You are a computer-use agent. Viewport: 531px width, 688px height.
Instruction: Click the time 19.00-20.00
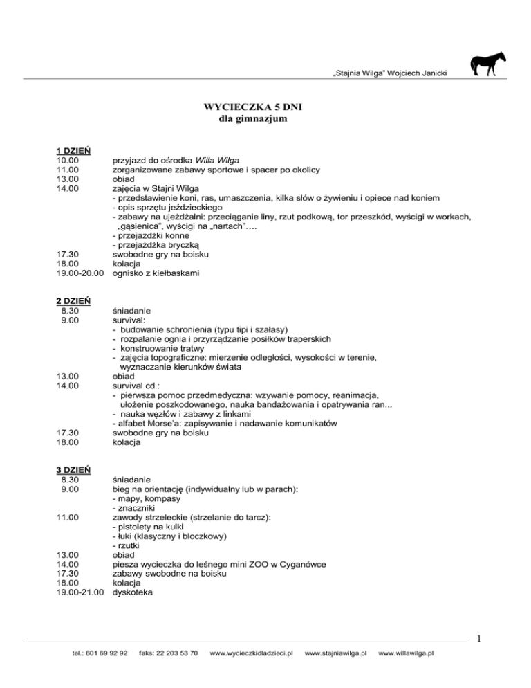coord(80,273)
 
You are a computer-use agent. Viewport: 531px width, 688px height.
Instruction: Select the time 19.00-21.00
coord(80,592)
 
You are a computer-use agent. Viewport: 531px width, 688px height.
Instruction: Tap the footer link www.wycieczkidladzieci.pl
coord(251,653)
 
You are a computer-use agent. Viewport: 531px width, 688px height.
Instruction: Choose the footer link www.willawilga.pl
coord(406,653)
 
